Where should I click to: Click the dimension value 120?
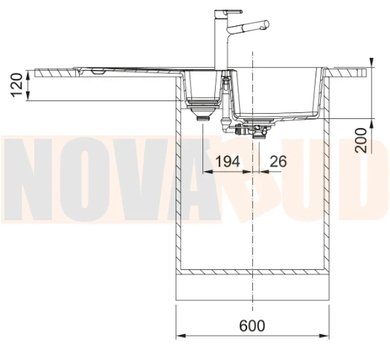(17, 85)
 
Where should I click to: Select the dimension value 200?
(361, 141)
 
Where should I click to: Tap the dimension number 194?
(228, 161)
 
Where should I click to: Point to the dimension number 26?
(278, 161)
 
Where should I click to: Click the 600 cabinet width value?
(252, 326)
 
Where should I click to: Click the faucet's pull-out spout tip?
(266, 24)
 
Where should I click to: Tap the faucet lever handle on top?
(232, 11)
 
